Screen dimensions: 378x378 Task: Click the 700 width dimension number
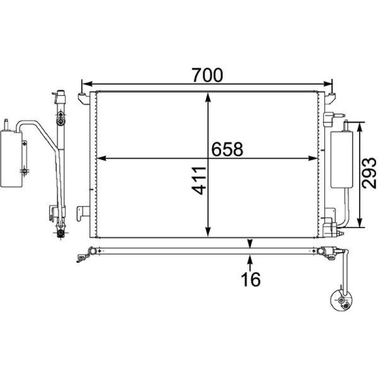coord(207,75)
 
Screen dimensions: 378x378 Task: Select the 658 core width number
coord(227,149)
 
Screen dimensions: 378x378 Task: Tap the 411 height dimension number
coord(199,180)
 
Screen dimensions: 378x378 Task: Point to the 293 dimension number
coord(369,173)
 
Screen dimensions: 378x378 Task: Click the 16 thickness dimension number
coord(251,279)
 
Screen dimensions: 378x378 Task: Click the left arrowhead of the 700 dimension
coord(87,84)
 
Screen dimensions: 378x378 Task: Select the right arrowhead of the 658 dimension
coord(313,158)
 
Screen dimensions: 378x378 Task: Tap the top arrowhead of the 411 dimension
coord(208,97)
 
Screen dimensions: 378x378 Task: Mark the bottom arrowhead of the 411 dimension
coord(208,232)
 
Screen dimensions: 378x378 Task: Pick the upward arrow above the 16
coord(250,263)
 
